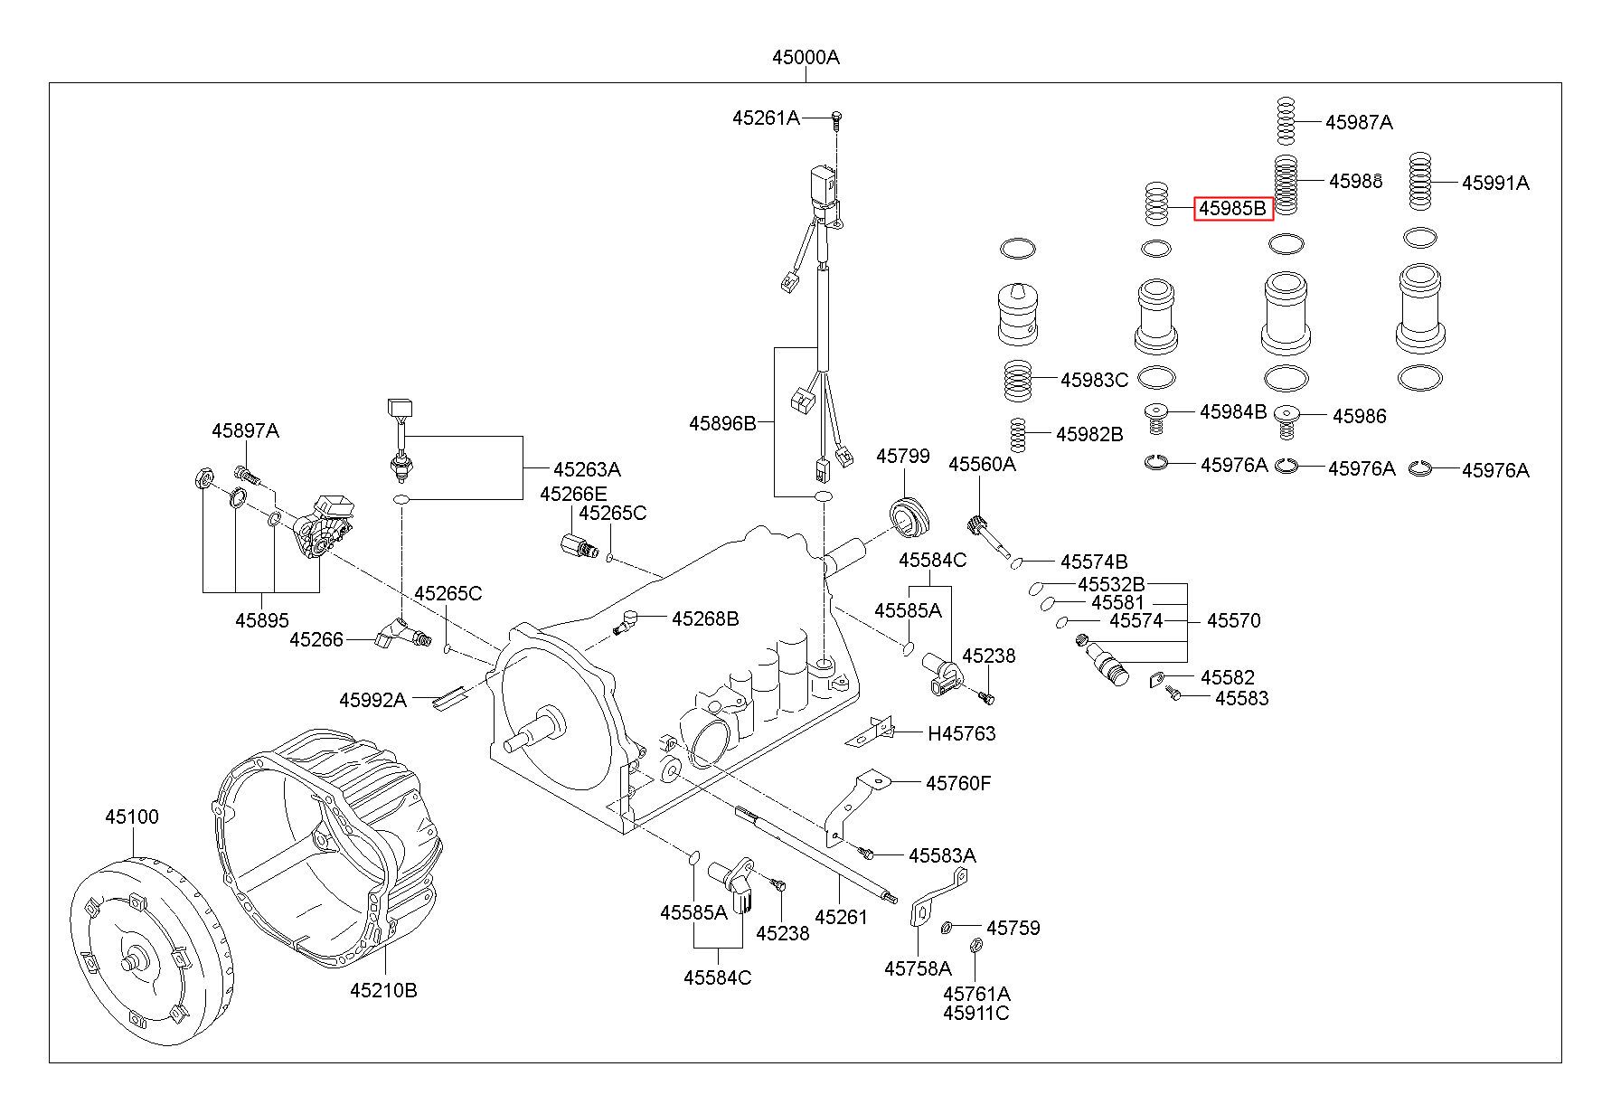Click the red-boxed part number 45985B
(x=1233, y=209)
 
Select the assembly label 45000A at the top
(x=805, y=57)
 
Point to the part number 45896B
(x=721, y=422)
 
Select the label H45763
(x=961, y=733)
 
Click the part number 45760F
(x=957, y=782)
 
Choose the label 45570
(x=1233, y=620)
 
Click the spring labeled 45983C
(x=1019, y=380)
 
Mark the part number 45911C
(x=975, y=1013)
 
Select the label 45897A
(x=245, y=430)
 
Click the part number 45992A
(x=372, y=699)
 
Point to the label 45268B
(x=704, y=618)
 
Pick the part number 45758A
(x=918, y=968)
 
